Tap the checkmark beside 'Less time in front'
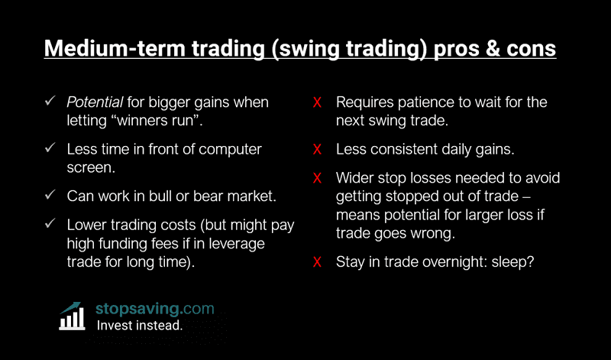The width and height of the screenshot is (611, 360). pyautogui.click(x=50, y=148)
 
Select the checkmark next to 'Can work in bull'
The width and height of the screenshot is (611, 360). pyautogui.click(x=50, y=195)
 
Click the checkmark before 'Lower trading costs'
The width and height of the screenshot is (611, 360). pyautogui.click(x=50, y=225)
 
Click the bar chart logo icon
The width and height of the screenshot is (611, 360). pyautogui.click(x=73, y=316)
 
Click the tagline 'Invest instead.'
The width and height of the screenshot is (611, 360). pyautogui.click(x=139, y=325)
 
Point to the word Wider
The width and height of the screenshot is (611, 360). pyautogui.click(x=356, y=179)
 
